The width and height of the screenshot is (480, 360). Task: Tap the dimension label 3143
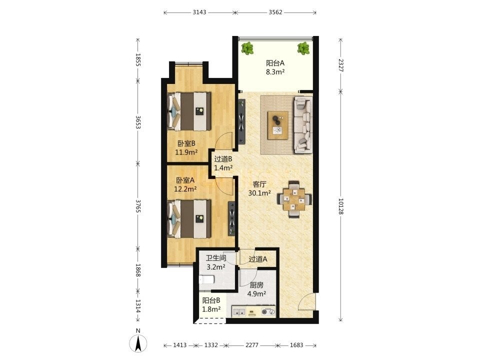click(x=199, y=12)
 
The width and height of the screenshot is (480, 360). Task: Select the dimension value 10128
click(x=340, y=206)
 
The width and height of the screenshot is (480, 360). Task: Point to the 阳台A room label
click(x=275, y=63)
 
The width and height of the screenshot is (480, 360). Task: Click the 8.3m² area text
click(x=275, y=72)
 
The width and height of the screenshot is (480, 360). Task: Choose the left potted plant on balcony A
click(x=247, y=48)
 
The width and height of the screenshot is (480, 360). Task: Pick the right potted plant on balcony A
click(x=303, y=48)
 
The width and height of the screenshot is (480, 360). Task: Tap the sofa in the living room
click(x=303, y=124)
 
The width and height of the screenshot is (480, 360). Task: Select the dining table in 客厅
click(x=294, y=199)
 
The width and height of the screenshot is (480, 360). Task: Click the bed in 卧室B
click(x=189, y=111)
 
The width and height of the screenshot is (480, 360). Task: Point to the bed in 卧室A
click(x=189, y=218)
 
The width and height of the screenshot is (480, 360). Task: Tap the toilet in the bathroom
click(x=206, y=279)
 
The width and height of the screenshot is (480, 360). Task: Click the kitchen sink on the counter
click(x=239, y=312)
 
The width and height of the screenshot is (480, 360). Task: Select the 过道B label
click(x=223, y=159)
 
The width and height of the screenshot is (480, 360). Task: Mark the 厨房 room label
click(x=256, y=285)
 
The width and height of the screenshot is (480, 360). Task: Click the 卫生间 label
click(x=216, y=258)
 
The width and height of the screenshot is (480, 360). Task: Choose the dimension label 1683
click(x=296, y=345)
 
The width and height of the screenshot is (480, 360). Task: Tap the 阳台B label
click(x=211, y=300)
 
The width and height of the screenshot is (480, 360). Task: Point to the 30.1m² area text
click(x=259, y=193)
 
